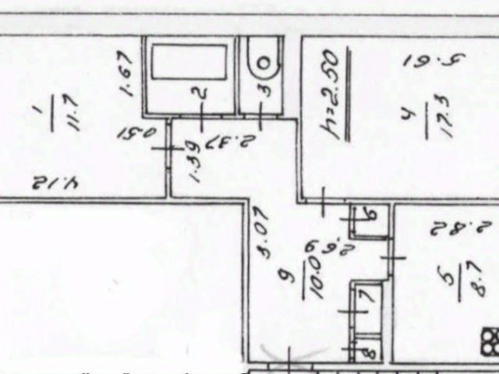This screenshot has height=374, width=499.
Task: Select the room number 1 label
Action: (44, 101)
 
